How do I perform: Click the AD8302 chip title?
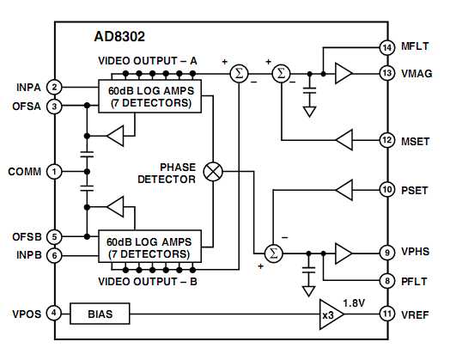[x=121, y=38]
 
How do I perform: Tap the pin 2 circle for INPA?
[x=54, y=87]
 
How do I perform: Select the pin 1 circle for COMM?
[x=54, y=172]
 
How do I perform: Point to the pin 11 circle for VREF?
[x=386, y=314]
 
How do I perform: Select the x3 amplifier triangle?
[x=331, y=314]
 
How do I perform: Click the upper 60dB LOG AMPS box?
[x=149, y=96]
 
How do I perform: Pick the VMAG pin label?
[x=417, y=75]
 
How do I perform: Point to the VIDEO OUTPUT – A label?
[x=148, y=61]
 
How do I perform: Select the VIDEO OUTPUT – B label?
[x=148, y=281]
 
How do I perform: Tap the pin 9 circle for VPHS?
[x=386, y=253]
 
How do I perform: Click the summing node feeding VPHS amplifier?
[x=273, y=253]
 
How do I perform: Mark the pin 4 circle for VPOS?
[x=54, y=314]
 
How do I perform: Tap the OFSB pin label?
[x=27, y=237]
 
